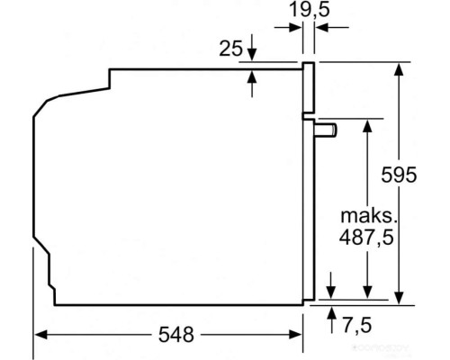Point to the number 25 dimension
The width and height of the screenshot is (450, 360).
coord(230,49)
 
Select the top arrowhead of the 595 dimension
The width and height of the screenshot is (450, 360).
coord(398,68)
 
